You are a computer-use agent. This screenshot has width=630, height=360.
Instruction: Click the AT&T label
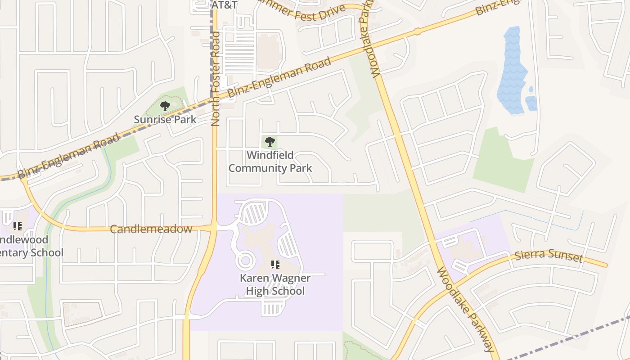click(x=224, y=5)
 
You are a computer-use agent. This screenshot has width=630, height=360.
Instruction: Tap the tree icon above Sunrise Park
click(x=165, y=107)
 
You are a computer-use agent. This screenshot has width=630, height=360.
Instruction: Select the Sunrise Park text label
click(x=165, y=120)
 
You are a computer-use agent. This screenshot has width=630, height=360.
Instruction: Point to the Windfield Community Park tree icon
click(x=270, y=142)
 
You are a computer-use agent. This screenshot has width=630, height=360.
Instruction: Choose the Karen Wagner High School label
click(x=275, y=285)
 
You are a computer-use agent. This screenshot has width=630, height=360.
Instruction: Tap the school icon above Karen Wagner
click(x=275, y=265)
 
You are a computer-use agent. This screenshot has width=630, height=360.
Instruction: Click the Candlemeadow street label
click(x=151, y=229)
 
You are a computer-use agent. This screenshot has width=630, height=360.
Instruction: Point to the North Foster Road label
click(x=216, y=79)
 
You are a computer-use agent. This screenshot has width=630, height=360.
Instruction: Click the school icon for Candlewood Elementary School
click(x=18, y=226)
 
